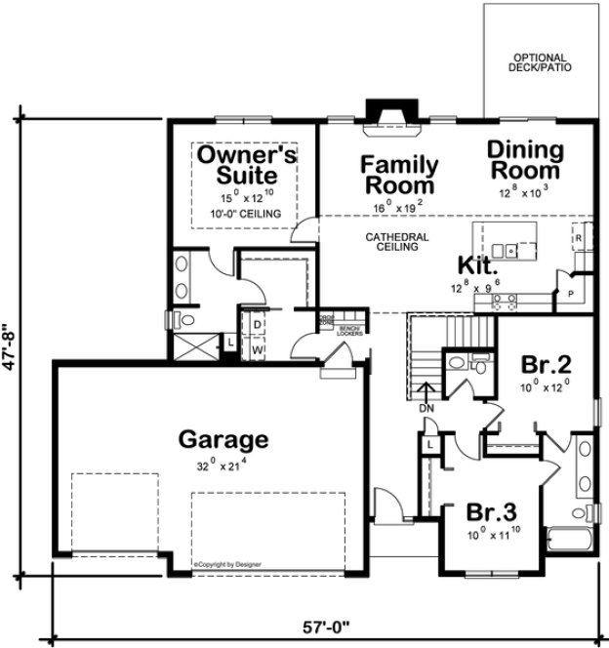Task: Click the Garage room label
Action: tap(223, 439)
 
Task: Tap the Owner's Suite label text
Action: tap(247, 166)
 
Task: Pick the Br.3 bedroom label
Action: tap(490, 513)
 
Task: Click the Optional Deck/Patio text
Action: tap(540, 62)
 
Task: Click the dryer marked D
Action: tap(257, 324)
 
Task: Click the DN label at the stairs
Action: tap(426, 409)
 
